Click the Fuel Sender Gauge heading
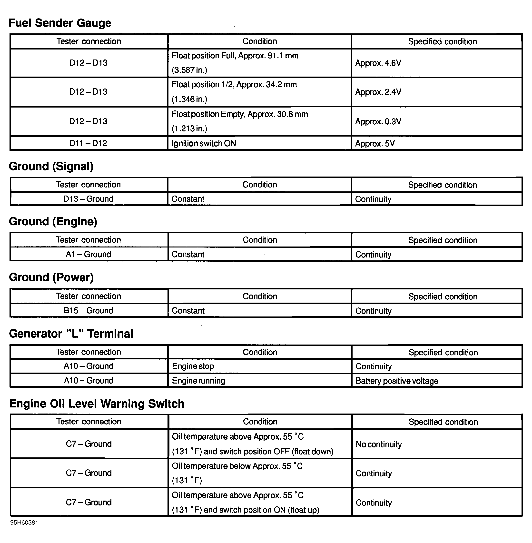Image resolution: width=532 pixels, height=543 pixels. pyautogui.click(x=60, y=23)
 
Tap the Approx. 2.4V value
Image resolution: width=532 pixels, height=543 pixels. pyautogui.click(x=378, y=92)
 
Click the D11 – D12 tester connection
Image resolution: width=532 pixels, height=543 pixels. pyautogui.click(x=88, y=143)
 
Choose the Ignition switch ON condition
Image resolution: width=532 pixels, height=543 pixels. pyautogui.click(x=204, y=143)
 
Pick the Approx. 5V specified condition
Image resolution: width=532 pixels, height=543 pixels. pyautogui.click(x=375, y=144)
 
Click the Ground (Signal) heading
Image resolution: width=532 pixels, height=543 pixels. pyautogui.click(x=51, y=166)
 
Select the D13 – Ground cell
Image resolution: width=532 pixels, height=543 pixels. pyautogui.click(x=88, y=199)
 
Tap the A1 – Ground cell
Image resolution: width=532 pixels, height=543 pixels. pyautogui.click(x=88, y=254)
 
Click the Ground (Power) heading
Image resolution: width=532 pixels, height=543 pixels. pyautogui.click(x=51, y=277)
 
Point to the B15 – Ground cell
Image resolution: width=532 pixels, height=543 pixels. pyautogui.click(x=88, y=310)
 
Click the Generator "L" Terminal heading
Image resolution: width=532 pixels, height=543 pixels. pyautogui.click(x=71, y=334)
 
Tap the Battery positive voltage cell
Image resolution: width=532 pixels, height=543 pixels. pyautogui.click(x=397, y=381)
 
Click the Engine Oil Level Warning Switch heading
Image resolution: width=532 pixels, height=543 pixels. pyautogui.click(x=97, y=404)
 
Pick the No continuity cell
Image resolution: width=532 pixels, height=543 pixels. pyautogui.click(x=379, y=444)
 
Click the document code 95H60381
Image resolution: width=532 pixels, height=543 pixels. pyautogui.click(x=24, y=523)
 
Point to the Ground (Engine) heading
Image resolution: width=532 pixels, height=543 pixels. pyautogui.click(x=53, y=221)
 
